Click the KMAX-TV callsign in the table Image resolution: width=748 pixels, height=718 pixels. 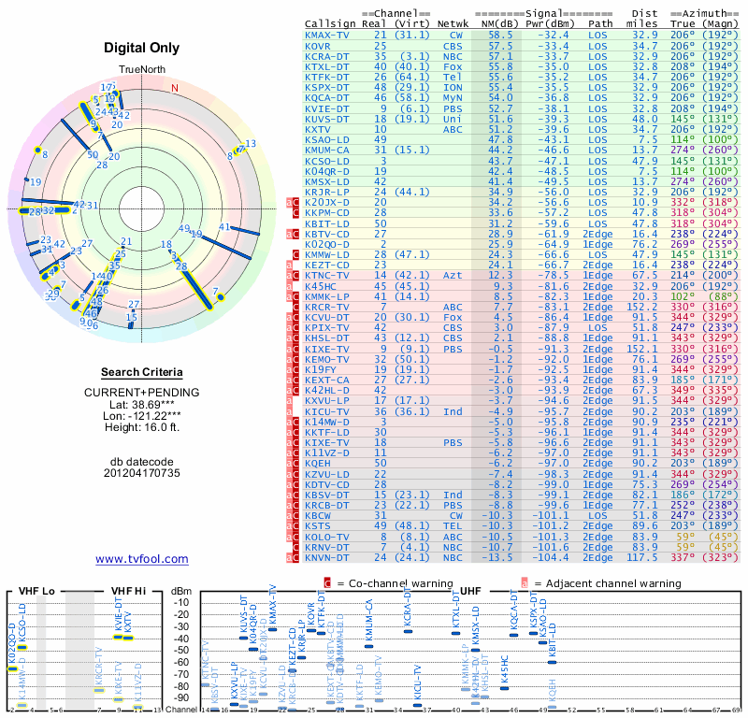328,35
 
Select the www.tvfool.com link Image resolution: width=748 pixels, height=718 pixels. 141,559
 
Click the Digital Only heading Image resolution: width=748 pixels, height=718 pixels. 141,49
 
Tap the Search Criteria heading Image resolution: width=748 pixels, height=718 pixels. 141,372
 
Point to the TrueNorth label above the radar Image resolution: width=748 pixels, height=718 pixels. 140,71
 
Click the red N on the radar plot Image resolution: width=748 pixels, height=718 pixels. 175,89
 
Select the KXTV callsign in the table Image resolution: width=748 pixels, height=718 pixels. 321,129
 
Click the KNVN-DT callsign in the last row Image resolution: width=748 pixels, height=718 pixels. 328,557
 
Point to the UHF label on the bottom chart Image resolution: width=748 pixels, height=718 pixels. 472,592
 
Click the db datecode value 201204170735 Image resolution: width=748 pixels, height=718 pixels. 141,473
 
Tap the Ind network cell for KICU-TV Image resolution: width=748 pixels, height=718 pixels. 453,410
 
